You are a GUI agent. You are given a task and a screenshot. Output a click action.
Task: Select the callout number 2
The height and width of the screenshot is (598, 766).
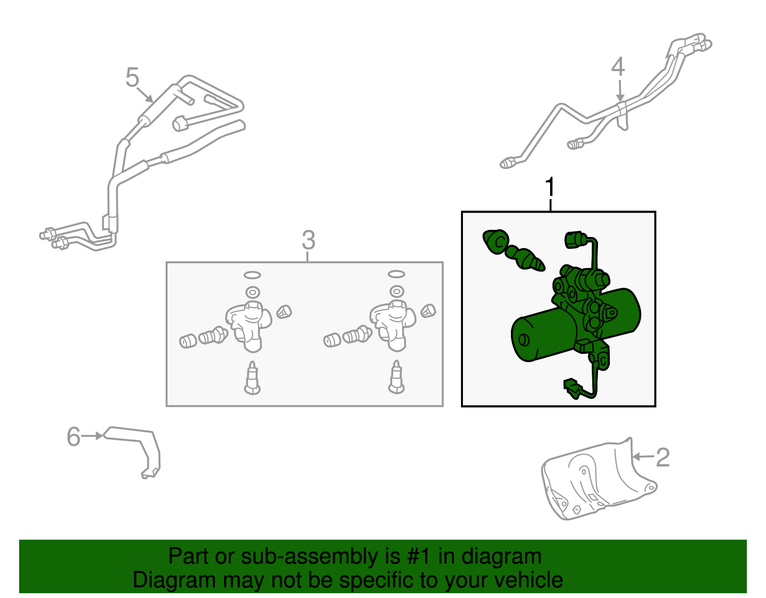663,457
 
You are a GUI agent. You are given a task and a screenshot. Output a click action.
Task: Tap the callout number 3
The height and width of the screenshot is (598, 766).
308,240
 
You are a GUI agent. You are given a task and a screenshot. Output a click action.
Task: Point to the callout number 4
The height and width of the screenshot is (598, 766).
618,67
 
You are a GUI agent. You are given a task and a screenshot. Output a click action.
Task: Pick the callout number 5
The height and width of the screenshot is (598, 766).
132,77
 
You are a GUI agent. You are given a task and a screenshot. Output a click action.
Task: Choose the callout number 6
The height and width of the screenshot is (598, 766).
74,436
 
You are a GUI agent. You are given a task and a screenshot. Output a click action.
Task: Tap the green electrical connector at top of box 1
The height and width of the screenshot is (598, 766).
574,240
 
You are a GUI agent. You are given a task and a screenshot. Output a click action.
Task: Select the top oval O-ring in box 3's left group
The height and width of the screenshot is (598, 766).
252,275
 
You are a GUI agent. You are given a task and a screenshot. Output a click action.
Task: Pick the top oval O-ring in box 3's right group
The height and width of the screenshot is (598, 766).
396,274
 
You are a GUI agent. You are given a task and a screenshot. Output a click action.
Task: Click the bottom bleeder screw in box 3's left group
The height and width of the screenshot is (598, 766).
252,378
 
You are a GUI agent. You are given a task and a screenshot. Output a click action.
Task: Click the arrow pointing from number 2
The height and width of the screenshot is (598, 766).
644,457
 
